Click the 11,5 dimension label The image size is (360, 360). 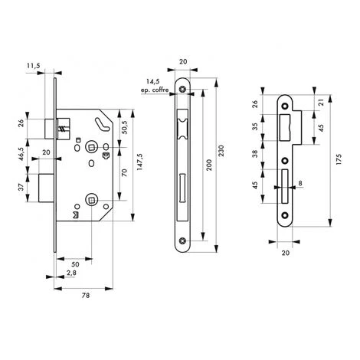34,66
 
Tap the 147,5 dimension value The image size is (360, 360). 139,162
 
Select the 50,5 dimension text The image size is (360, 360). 124,127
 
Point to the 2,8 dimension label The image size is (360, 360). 71,273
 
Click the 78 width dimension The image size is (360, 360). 86,296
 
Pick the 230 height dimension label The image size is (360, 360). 221,151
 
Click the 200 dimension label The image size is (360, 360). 208,165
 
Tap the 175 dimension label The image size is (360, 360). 339,159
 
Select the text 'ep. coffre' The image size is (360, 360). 155,90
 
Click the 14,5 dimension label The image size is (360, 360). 153,81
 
